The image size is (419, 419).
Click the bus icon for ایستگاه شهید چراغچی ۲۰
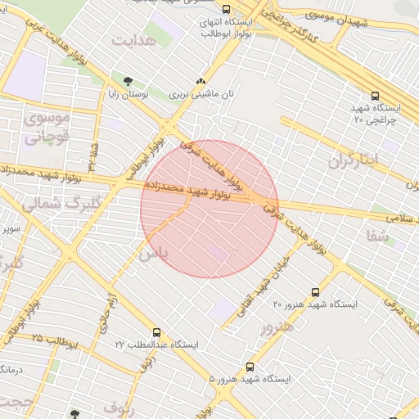[376, 96]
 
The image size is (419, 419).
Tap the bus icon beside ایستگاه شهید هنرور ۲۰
[316, 292]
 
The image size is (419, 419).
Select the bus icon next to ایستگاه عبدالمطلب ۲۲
[156, 333]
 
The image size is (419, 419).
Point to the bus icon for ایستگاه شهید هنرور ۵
[250, 367]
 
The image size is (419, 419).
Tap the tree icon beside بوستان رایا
[127, 80]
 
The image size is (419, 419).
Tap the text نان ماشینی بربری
[201, 94]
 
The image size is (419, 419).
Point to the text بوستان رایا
[126, 94]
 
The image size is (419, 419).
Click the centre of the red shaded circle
[209, 209]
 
